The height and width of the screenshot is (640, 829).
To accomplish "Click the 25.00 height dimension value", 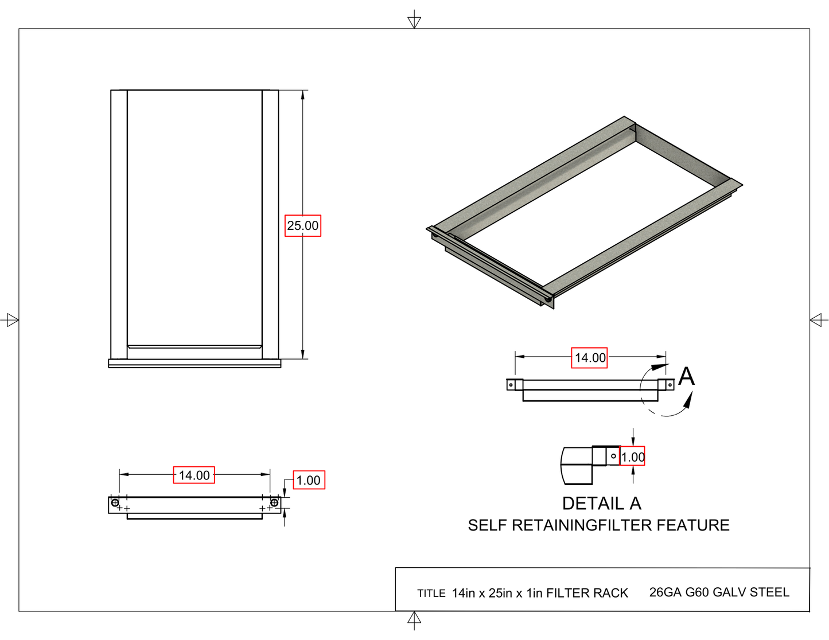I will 303,225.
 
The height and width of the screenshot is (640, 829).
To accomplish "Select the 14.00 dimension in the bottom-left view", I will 194,475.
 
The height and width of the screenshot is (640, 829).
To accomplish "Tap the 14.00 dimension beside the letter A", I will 590,358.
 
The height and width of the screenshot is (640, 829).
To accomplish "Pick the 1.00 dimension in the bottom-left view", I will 309,480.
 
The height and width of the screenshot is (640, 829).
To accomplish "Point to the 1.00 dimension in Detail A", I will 633,457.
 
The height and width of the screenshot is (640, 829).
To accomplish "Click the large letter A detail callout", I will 686,377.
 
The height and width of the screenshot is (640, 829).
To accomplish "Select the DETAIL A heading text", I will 601,504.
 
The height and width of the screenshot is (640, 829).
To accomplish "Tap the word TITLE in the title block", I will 431,594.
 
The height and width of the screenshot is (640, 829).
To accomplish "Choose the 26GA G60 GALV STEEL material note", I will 719,592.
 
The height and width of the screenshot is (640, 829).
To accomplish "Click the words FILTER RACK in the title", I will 587,593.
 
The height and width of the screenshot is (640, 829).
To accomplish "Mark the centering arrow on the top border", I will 414,21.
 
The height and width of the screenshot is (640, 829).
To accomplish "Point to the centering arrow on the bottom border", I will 414,619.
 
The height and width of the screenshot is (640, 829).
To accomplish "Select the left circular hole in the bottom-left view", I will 115,503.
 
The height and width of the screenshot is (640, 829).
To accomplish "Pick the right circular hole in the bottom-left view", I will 274,503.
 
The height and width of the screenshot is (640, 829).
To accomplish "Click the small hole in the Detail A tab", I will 613,456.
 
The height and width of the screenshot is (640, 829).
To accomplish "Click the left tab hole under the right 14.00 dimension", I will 511,385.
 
